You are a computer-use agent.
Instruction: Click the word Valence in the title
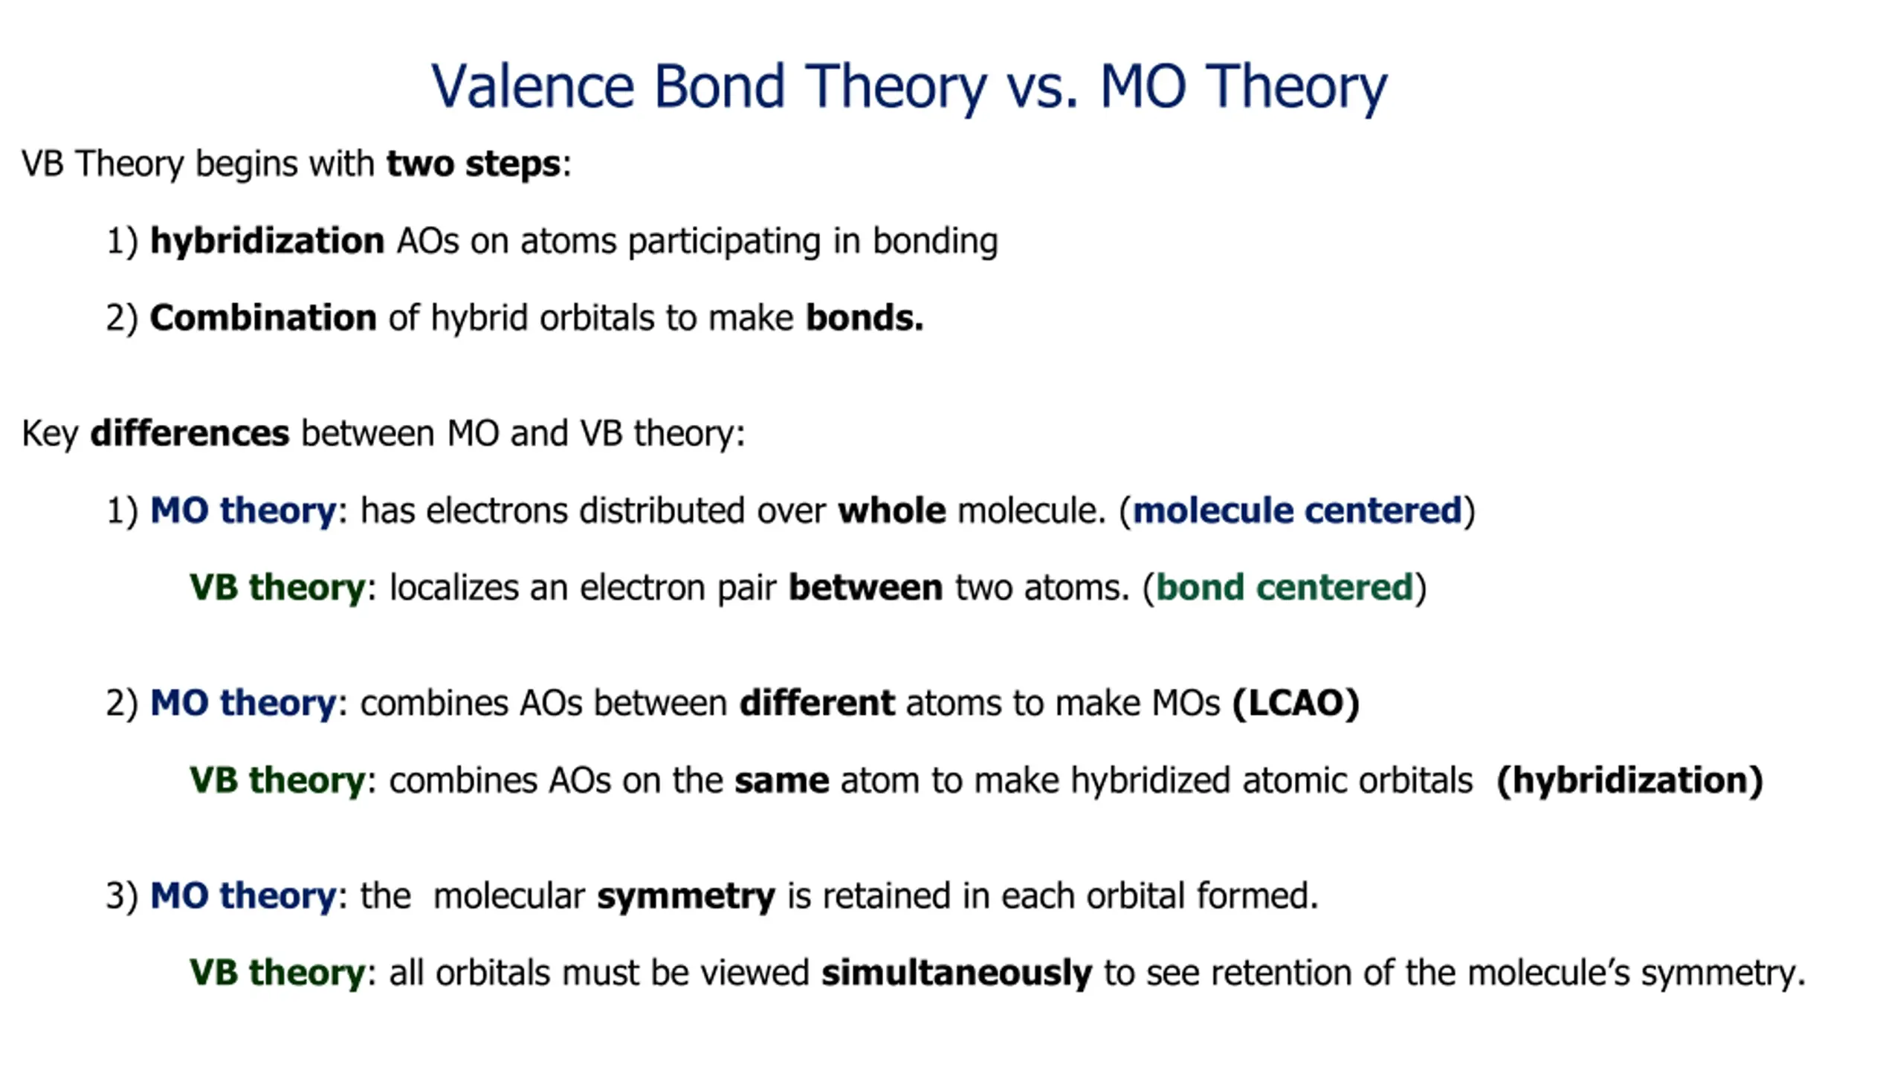532,86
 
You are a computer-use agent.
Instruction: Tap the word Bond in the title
719,86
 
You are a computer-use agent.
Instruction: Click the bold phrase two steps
473,164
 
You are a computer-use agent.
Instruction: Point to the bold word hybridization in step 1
267,241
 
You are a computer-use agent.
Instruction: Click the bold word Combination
263,318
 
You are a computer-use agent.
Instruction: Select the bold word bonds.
865,318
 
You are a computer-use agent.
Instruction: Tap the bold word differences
190,433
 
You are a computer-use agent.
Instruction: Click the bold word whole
892,511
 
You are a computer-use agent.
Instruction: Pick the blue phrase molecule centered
1297,511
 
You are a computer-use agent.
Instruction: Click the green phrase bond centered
1285,588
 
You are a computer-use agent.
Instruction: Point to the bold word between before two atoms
865,588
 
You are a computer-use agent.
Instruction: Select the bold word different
817,703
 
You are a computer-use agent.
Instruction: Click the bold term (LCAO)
1296,704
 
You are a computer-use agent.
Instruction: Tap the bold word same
782,781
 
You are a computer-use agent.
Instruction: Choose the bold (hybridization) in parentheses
1630,781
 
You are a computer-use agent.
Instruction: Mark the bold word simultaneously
957,973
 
